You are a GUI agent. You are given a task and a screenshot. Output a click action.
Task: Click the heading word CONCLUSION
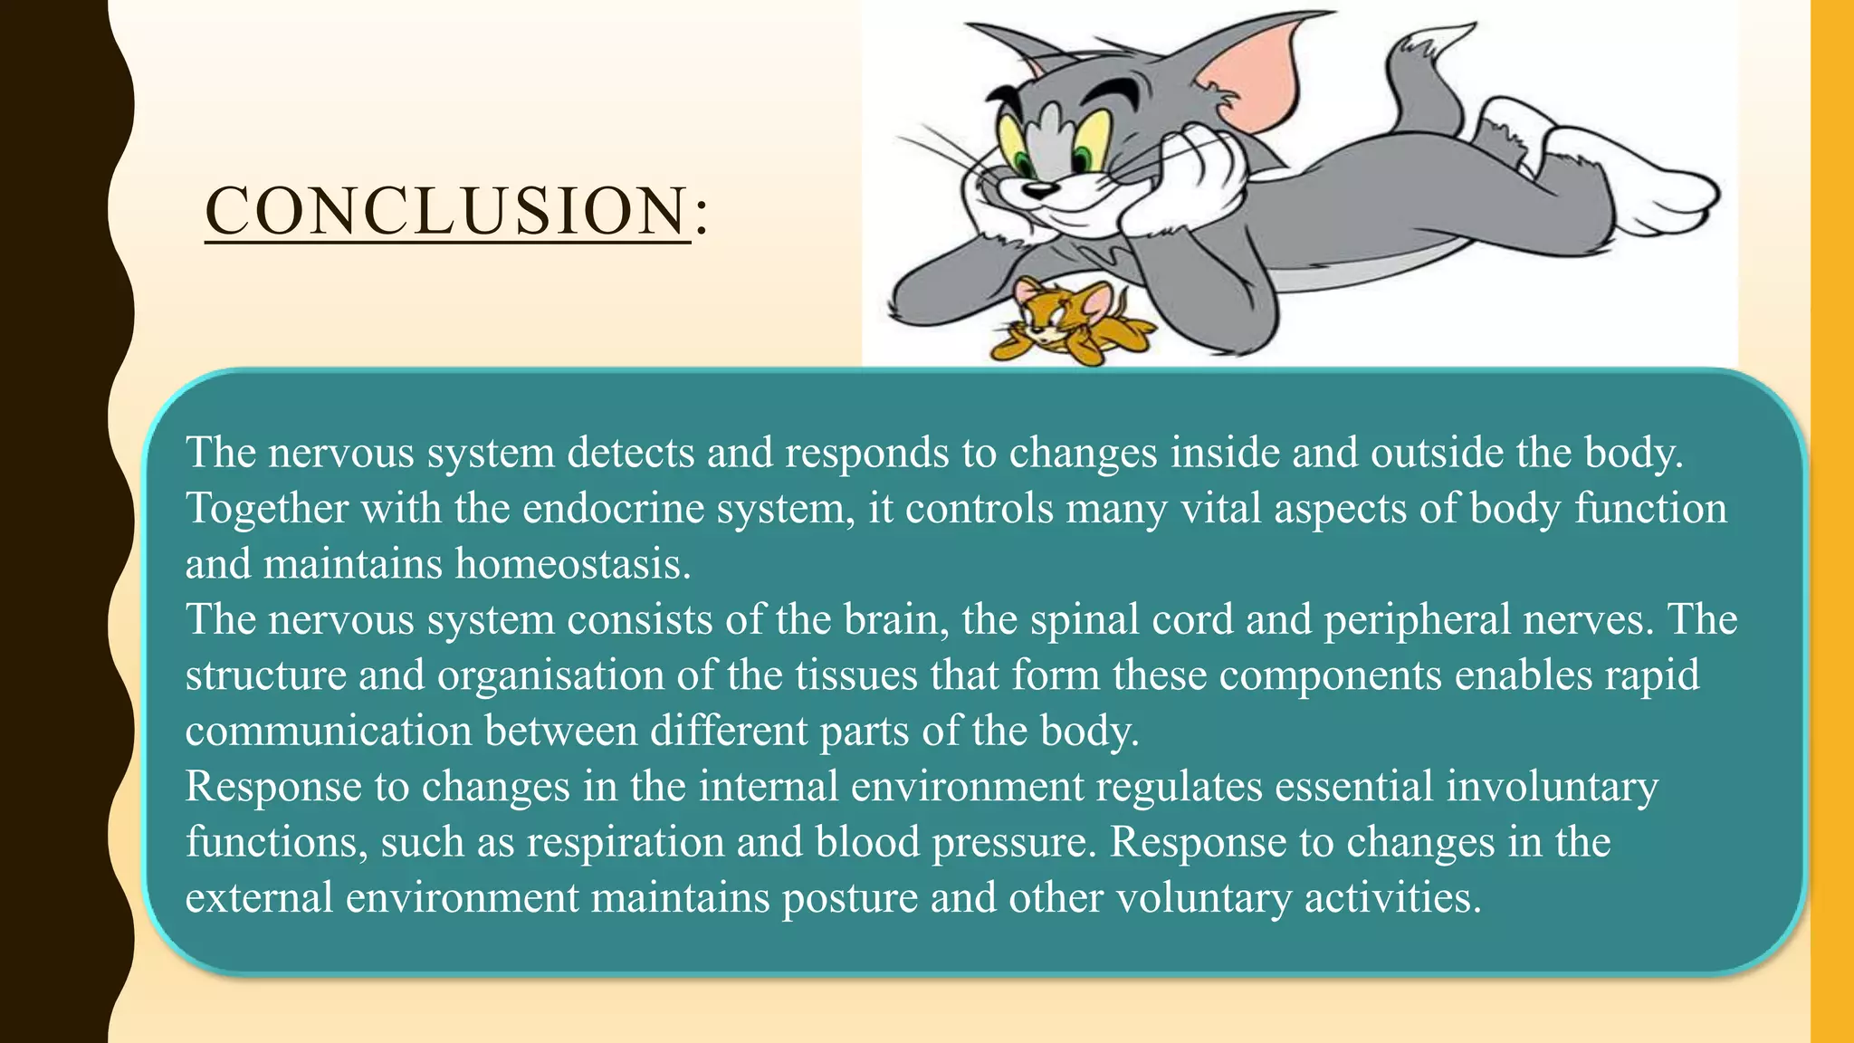(x=447, y=211)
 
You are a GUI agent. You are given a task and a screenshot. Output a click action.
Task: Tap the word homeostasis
(x=572, y=564)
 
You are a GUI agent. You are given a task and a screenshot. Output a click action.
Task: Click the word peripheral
(x=1417, y=620)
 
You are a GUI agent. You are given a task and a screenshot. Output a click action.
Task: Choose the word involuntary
(x=1552, y=786)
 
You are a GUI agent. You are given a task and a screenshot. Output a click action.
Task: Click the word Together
(x=267, y=509)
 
